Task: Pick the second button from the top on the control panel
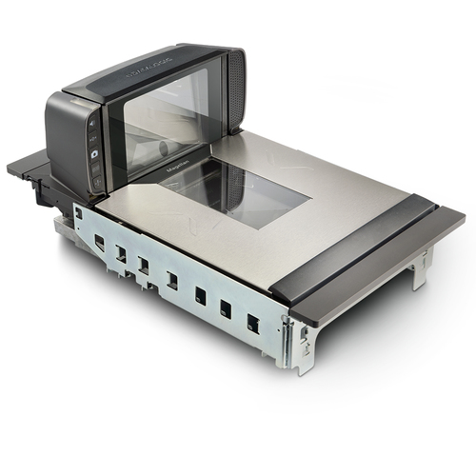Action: coord(93,140)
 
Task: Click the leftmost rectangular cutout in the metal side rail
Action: coord(100,244)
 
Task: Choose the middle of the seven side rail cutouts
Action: coord(172,281)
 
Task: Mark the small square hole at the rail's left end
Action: coord(79,214)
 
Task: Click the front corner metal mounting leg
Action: coord(299,350)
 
